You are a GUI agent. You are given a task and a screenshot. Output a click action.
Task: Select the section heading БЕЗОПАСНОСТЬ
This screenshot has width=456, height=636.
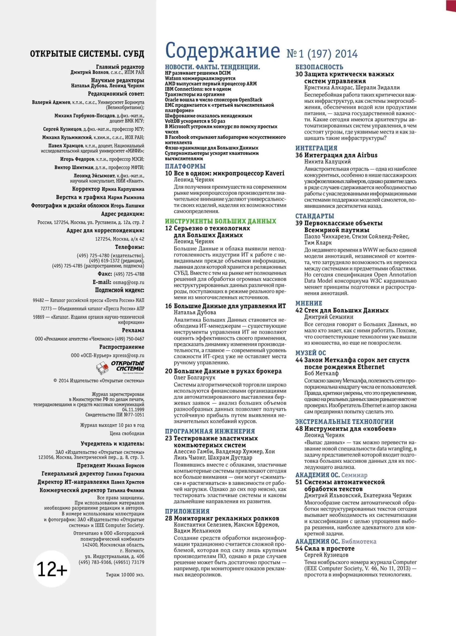click(319, 67)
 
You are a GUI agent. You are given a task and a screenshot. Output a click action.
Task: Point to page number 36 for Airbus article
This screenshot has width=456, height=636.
click(299, 155)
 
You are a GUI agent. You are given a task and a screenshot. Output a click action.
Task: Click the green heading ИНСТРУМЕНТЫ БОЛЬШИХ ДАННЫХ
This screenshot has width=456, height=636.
click(221, 221)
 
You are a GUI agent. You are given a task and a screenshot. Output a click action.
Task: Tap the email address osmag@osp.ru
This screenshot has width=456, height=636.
click(129, 282)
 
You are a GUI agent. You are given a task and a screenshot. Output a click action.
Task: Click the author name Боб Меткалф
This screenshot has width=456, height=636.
click(321, 373)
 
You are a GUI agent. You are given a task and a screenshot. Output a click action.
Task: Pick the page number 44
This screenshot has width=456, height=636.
click(299, 360)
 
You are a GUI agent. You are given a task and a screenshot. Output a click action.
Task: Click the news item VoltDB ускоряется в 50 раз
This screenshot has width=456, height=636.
click(195, 121)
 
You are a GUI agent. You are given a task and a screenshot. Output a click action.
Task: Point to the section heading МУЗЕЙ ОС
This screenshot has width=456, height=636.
click(310, 353)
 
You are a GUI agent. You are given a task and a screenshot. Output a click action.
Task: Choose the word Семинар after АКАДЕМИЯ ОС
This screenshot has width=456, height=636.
click(354, 475)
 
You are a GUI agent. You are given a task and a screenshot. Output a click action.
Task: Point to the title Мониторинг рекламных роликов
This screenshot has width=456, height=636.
click(226, 518)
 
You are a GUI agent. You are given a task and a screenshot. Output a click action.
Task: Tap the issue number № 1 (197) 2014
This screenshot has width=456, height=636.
click(322, 54)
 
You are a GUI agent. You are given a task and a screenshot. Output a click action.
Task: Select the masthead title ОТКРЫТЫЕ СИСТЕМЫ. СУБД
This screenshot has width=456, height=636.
click(87, 54)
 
